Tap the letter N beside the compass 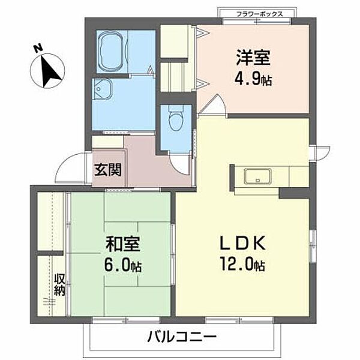(38, 47)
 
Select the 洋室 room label (252, 58)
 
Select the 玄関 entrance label (107, 169)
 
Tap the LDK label (242, 243)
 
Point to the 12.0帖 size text (242, 264)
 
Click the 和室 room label (124, 244)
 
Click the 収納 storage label (60, 284)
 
